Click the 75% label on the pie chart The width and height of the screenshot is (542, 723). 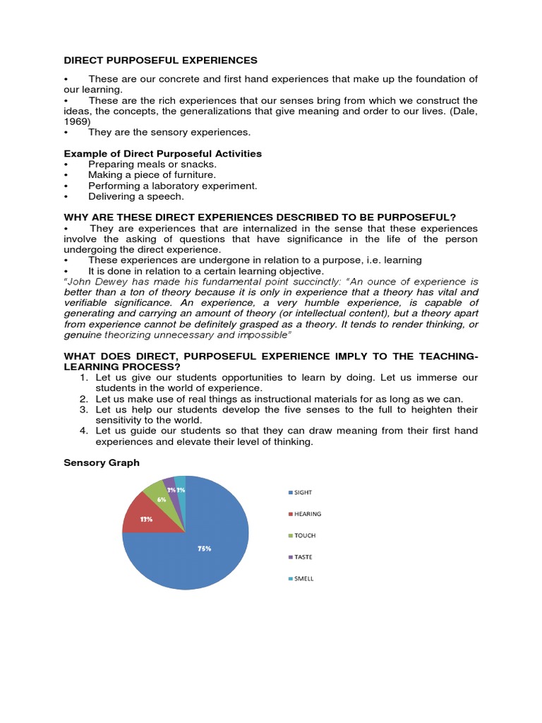(205, 548)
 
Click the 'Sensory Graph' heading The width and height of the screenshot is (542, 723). (102, 462)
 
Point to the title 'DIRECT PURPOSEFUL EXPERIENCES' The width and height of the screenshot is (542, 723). (160, 61)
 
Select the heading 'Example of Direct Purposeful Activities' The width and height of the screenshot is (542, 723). (162, 153)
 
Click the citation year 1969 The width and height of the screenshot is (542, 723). (77, 121)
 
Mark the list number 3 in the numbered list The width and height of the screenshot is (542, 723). (83, 410)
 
